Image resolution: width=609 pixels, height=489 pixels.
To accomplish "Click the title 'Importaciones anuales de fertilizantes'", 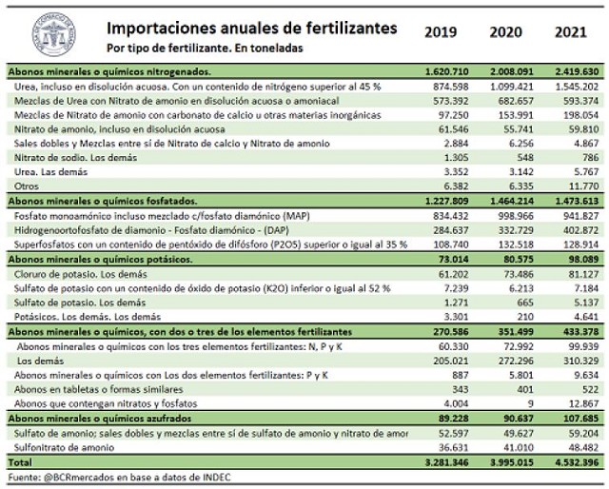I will pyautogui.click(x=251, y=29).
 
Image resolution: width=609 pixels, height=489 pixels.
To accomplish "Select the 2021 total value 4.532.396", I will pyautogui.click(x=574, y=463).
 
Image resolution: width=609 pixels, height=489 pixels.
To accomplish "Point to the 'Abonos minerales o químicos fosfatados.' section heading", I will pyautogui.click(x=102, y=201).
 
